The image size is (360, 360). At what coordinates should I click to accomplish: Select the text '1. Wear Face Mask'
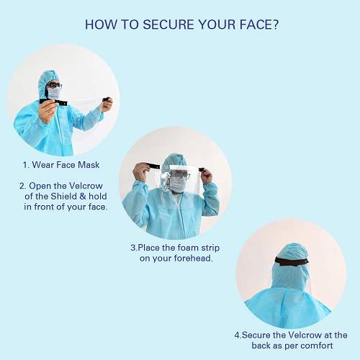tap(62, 165)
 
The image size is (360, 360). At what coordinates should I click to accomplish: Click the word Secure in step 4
tap(257, 335)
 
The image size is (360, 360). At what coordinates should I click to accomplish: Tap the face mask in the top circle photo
tap(54, 94)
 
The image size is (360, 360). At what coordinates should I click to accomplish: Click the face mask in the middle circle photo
tap(177, 184)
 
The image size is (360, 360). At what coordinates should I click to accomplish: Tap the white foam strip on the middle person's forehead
tap(177, 168)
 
